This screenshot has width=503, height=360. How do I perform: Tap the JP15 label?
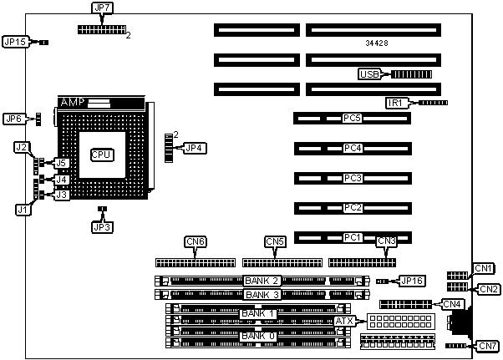coord(16,41)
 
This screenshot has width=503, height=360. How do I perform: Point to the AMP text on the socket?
coord(74,102)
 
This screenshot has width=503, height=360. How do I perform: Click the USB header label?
coord(369,74)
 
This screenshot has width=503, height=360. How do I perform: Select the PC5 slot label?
coord(352,119)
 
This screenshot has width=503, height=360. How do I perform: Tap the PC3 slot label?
coord(352,178)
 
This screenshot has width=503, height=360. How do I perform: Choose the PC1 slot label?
coord(352,237)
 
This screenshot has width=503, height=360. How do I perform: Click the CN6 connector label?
coord(196,242)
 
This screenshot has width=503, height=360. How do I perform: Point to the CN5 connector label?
coord(275,242)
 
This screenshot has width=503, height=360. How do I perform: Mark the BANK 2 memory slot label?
coord(262,281)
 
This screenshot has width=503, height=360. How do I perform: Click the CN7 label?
coord(488,346)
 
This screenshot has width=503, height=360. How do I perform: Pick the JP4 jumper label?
coord(194,148)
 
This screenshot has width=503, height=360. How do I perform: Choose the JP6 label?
coord(13,119)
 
